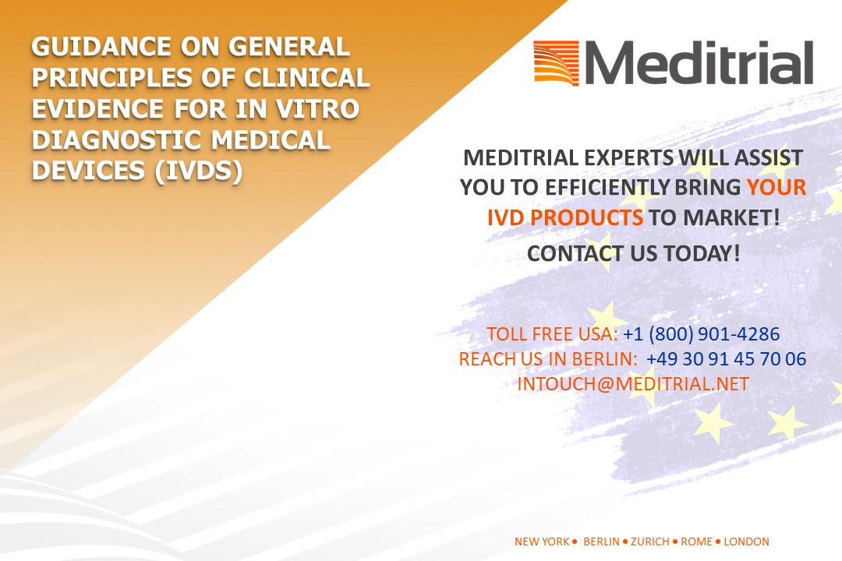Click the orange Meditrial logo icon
click(557, 63)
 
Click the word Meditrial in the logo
click(699, 63)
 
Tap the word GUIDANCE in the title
click(101, 47)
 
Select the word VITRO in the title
click(318, 109)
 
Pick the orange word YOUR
click(777, 187)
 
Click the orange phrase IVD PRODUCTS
click(565, 218)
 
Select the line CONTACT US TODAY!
click(634, 253)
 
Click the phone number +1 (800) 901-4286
click(702, 334)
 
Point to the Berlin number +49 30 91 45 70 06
click(727, 359)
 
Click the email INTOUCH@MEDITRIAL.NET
click(633, 384)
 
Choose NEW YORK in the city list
click(542, 542)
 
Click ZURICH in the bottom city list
click(650, 542)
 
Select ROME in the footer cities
click(696, 542)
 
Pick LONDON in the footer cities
click(746, 542)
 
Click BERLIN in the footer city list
click(601, 542)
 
